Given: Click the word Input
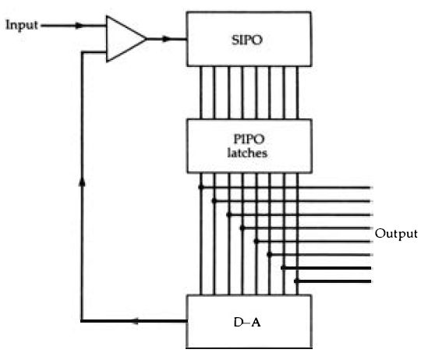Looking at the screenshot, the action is (22, 26).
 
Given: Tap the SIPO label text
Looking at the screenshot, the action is (246, 41).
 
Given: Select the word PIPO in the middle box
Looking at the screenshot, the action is (249, 139).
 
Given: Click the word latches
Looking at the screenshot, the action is (247, 153).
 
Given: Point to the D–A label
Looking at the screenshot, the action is (247, 322).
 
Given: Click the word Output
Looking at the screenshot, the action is (396, 234).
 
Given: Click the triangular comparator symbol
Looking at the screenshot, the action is (126, 39).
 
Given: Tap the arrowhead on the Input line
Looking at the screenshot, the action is (80, 26).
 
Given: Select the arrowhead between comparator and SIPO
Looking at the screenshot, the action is (167, 39).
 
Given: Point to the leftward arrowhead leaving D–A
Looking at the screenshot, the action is (136, 321).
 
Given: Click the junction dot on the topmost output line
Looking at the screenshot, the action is (201, 187).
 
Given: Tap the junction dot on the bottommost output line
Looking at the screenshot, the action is (297, 281).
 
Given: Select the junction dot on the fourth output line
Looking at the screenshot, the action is (242, 228).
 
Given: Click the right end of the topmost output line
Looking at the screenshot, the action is (370, 188).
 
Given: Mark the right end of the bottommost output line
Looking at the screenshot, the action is (370, 281).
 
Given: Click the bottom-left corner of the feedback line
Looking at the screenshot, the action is (82, 321).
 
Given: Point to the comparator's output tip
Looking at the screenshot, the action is (147, 39).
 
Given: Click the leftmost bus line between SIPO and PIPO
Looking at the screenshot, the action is (201, 93).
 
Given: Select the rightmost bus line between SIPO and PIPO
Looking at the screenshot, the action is (297, 93).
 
